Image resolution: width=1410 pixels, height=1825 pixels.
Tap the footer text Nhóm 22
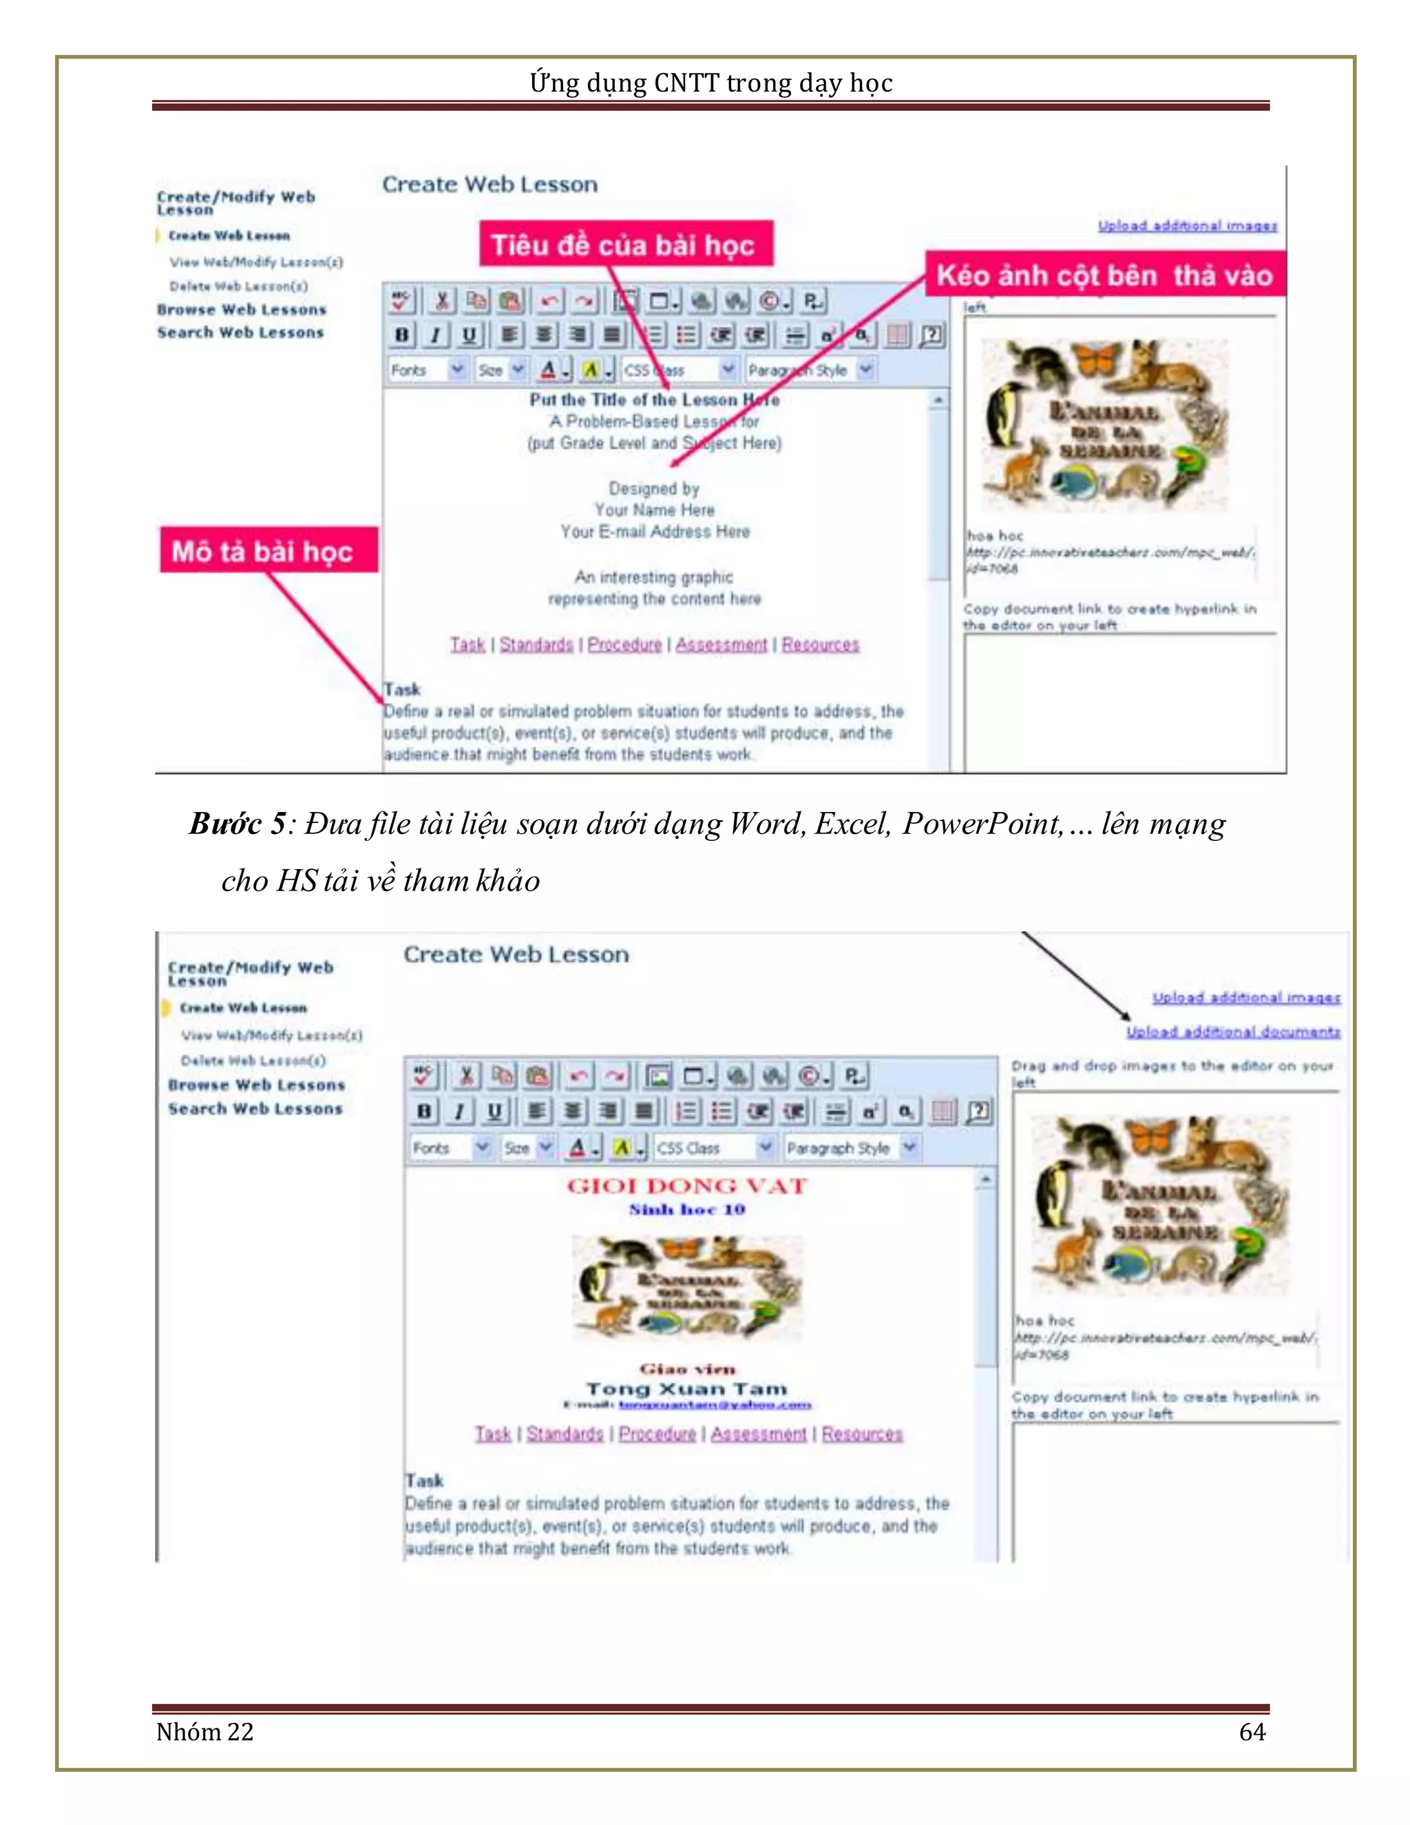coord(204,1731)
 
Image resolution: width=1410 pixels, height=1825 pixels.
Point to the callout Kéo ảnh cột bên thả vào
coord(1104,275)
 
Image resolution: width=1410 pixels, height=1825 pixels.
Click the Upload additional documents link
coord(1233,1032)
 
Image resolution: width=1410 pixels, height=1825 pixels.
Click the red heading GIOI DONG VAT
coord(686,1186)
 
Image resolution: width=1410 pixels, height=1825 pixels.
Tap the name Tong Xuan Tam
coord(686,1389)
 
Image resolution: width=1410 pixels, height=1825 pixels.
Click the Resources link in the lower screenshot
coord(862,1434)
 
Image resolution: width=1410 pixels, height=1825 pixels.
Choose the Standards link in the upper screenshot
coord(536,645)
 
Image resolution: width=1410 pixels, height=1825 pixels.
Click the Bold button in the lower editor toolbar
coord(424,1112)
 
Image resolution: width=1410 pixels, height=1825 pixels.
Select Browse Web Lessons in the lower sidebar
coord(255,1085)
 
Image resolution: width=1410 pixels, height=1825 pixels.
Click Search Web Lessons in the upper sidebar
coord(240,333)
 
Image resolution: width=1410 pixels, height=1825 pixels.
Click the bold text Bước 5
coord(236,824)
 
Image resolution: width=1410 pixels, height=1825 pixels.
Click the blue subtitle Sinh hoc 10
coord(686,1209)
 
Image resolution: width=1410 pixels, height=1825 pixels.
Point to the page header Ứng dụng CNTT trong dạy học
coord(711,83)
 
